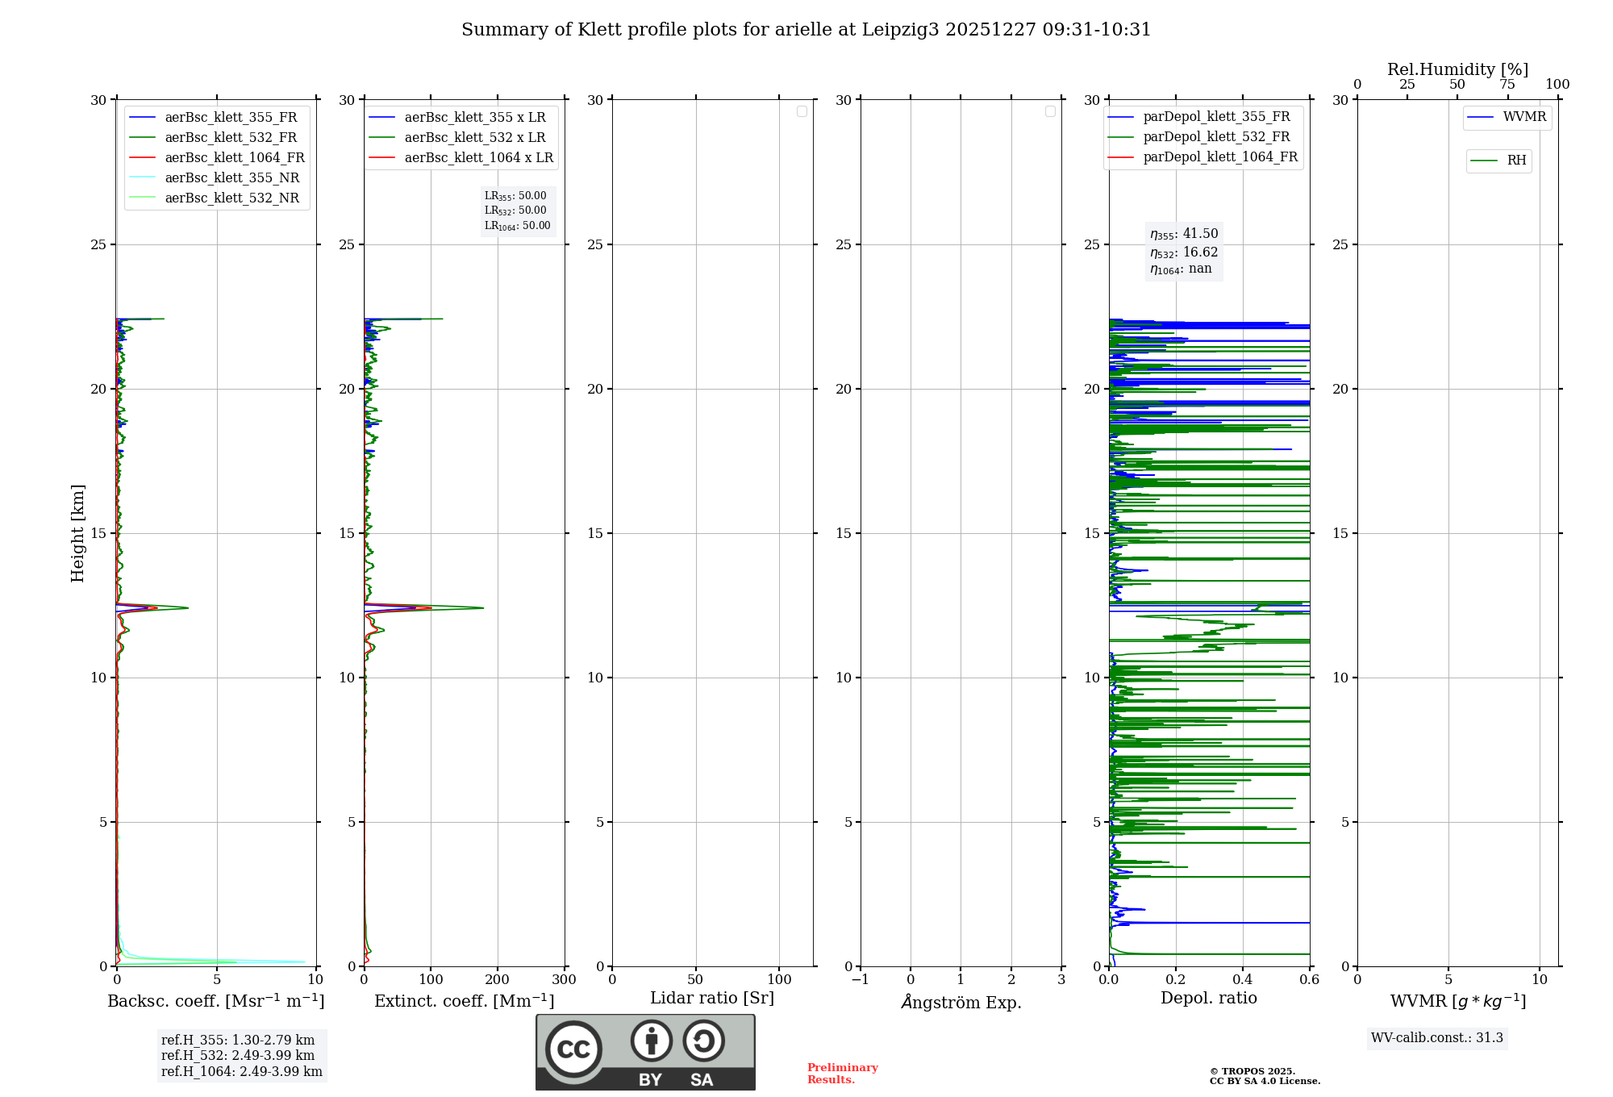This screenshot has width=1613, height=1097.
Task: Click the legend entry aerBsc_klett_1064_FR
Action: point(235,158)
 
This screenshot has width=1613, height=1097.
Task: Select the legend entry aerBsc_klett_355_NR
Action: point(231,178)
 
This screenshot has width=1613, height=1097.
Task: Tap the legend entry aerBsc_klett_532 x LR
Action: point(474,138)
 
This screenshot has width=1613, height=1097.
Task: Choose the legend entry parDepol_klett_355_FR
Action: point(1216,117)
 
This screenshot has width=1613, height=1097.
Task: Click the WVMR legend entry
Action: point(1524,117)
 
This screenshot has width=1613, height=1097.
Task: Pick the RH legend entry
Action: point(1516,161)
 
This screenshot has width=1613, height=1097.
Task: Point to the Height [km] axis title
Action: point(77,533)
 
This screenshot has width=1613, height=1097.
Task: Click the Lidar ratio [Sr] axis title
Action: point(712,999)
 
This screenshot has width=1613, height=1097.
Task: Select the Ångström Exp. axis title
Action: point(961,1003)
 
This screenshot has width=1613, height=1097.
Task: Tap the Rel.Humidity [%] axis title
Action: point(1457,69)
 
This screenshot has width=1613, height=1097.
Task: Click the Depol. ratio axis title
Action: point(1209,999)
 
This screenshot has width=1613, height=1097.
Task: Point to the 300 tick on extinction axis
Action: point(565,980)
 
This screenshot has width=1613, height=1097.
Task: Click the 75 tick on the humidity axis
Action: point(1507,85)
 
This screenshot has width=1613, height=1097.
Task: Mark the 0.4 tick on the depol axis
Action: point(1243,980)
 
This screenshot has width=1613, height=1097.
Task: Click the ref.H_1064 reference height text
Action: point(241,1072)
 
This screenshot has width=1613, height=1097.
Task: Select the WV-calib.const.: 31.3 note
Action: point(1437,1038)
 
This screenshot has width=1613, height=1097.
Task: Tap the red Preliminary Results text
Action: point(842,1074)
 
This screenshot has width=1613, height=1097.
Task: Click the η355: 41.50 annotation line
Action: point(1184,234)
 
